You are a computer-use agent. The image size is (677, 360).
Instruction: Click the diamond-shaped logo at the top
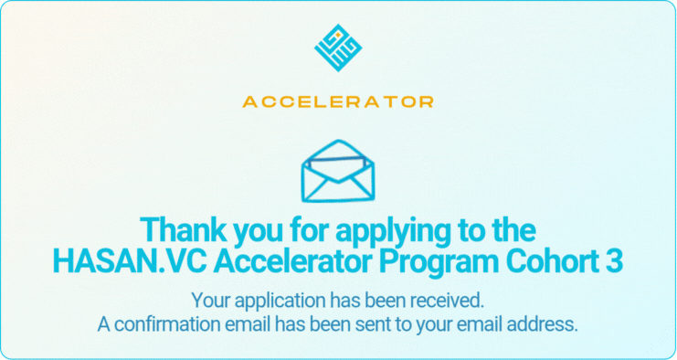pyautogui.click(x=338, y=48)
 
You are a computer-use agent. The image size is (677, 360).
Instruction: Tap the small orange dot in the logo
pyautogui.click(x=338, y=34)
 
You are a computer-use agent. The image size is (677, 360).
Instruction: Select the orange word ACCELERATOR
pyautogui.click(x=338, y=101)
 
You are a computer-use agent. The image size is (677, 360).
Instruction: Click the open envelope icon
pyautogui.click(x=338, y=171)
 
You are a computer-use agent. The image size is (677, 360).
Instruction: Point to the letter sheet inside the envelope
pyautogui.click(x=338, y=164)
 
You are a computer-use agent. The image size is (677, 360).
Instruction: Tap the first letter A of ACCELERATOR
pyautogui.click(x=250, y=101)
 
